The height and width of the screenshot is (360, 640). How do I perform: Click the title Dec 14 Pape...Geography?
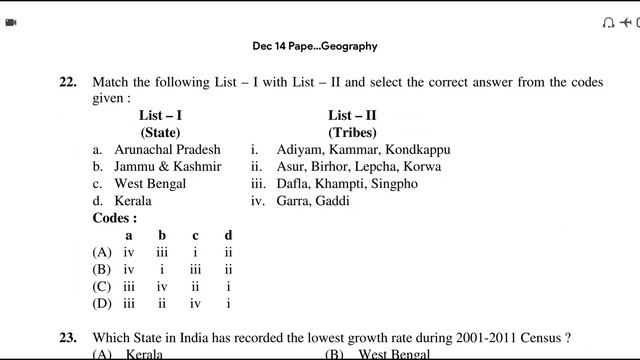315,46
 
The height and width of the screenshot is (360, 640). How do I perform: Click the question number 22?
67,83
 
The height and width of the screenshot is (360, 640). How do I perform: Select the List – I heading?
160,116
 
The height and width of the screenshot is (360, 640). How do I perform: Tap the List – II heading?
352,116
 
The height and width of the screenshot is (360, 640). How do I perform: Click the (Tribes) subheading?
352,132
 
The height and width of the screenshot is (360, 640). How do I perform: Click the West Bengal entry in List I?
150,184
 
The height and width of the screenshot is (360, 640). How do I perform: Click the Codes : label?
115,218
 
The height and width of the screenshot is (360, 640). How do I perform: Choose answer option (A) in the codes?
101,252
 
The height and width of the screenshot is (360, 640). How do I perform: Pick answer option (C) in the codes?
101,286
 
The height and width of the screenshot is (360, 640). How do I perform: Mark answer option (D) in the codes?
101,303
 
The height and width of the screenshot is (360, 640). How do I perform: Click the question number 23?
67,338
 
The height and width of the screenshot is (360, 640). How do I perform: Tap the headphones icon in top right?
609,21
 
